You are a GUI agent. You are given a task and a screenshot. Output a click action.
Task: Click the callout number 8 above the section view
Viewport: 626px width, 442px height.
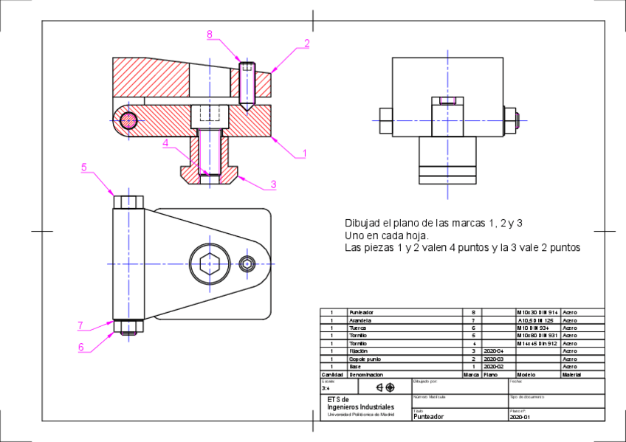[x=210, y=35]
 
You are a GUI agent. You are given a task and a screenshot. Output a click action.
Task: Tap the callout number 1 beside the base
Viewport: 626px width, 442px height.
[x=303, y=153]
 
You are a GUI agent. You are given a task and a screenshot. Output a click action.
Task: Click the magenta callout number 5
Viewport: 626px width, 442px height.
[x=84, y=168]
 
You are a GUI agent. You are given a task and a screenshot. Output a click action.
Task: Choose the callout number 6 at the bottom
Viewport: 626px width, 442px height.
[x=81, y=346]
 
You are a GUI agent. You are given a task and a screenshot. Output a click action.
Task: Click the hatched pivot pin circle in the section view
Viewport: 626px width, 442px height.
[x=129, y=120]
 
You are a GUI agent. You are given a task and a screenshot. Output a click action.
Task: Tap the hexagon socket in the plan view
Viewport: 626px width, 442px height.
[x=209, y=263]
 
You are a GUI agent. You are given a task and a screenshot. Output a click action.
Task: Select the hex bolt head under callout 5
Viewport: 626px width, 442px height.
[x=128, y=201]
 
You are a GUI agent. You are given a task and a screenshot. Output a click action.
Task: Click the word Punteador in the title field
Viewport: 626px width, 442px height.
[x=430, y=416]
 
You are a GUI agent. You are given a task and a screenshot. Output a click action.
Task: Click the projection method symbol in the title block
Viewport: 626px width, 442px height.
[x=385, y=387]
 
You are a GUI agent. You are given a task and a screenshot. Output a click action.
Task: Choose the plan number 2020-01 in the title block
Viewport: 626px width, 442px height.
[x=520, y=417]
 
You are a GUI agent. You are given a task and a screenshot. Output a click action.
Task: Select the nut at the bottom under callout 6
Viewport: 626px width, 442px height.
[x=128, y=330]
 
